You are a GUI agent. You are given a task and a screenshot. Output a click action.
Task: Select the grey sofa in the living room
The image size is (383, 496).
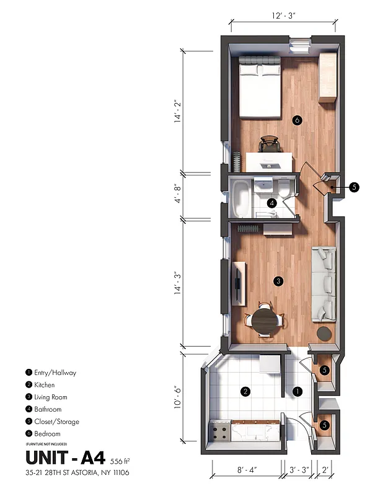(x=324, y=282)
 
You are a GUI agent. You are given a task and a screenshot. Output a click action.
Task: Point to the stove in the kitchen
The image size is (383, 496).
(x=220, y=429)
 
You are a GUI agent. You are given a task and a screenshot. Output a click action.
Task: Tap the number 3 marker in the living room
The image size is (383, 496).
(x=279, y=281)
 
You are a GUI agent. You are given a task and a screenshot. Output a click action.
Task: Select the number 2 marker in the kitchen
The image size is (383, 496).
(x=245, y=391)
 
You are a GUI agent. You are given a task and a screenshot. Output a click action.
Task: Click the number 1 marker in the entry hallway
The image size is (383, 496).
(x=297, y=391)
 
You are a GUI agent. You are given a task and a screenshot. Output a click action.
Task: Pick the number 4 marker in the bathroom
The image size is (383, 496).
(x=271, y=203)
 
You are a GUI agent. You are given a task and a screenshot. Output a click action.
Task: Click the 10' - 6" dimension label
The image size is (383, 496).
(x=178, y=395)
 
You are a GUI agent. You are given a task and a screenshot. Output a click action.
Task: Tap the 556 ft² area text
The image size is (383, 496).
(x=120, y=461)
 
